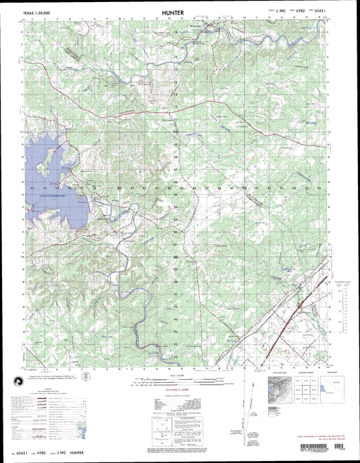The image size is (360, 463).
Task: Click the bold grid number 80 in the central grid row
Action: tap(120, 187)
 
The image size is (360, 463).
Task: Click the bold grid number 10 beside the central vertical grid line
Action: tap(176, 131)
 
